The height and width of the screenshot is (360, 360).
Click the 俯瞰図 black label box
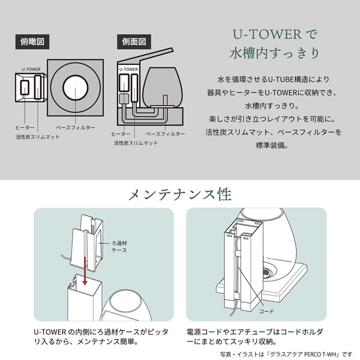[32, 42]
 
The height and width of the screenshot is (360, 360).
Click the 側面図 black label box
[134, 42]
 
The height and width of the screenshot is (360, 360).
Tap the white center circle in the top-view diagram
[76, 88]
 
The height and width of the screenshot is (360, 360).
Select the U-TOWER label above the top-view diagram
[31, 70]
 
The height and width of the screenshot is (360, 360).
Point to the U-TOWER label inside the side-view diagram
[128, 70]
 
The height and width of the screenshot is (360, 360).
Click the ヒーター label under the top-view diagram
[25, 128]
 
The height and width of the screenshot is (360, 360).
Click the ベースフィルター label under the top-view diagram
[76, 128]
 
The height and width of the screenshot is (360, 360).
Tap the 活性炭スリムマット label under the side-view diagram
[136, 143]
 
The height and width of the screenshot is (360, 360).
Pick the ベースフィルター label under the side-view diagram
[166, 134]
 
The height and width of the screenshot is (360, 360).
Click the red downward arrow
[85, 271]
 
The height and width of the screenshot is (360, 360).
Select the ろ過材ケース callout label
[119, 247]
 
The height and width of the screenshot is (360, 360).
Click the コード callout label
[266, 311]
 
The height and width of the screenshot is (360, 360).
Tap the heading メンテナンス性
[180, 194]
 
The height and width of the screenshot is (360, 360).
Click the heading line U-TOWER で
[275, 34]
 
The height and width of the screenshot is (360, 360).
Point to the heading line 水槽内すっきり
[274, 53]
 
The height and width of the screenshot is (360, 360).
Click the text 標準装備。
[272, 145]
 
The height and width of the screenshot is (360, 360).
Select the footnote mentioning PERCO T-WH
[286, 354]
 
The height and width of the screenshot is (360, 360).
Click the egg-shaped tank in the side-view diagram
[163, 88]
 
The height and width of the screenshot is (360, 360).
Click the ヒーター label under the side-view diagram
[121, 134]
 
